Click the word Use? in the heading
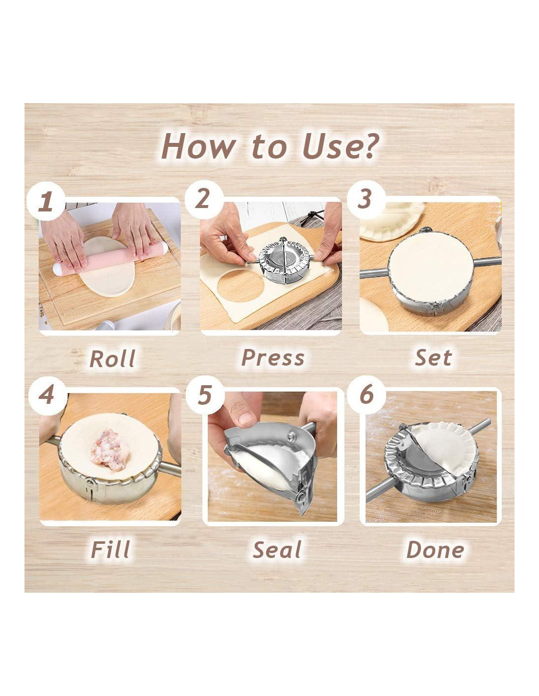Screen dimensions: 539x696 tap(341, 146)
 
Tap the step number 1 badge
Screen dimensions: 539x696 tap(46, 202)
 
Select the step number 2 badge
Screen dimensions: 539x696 tap(204, 199)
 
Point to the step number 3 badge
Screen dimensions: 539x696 tap(366, 199)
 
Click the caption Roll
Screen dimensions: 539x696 tap(112, 359)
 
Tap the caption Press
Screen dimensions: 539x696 tap(272, 358)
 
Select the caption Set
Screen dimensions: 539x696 tap(433, 357)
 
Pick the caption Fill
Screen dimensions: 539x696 tap(110, 550)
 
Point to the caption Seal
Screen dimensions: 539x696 tap(277, 550)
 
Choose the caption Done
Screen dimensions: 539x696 tap(435, 550)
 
